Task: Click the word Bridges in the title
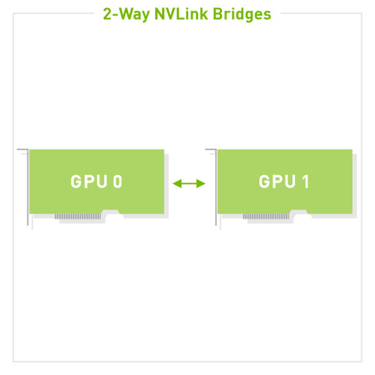point(242,14)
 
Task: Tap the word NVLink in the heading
point(181,14)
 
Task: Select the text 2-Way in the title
point(126,14)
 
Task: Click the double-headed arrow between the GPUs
point(189,184)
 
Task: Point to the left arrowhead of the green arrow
point(177,184)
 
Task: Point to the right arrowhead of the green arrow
point(201,184)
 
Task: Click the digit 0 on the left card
point(117,181)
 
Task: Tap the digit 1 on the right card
point(306,181)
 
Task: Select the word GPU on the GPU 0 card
point(89,181)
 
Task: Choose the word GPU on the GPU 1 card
point(277,181)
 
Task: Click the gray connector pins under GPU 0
point(77,216)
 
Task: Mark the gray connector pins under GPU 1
point(266,216)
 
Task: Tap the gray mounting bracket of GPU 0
point(27,186)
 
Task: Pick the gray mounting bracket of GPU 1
point(216,186)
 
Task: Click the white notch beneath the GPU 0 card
point(111,214)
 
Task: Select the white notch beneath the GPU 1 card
point(299,214)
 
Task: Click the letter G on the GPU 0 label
point(76,181)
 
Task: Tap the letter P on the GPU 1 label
point(277,181)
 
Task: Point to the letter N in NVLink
point(160,14)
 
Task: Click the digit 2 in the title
point(107,14)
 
